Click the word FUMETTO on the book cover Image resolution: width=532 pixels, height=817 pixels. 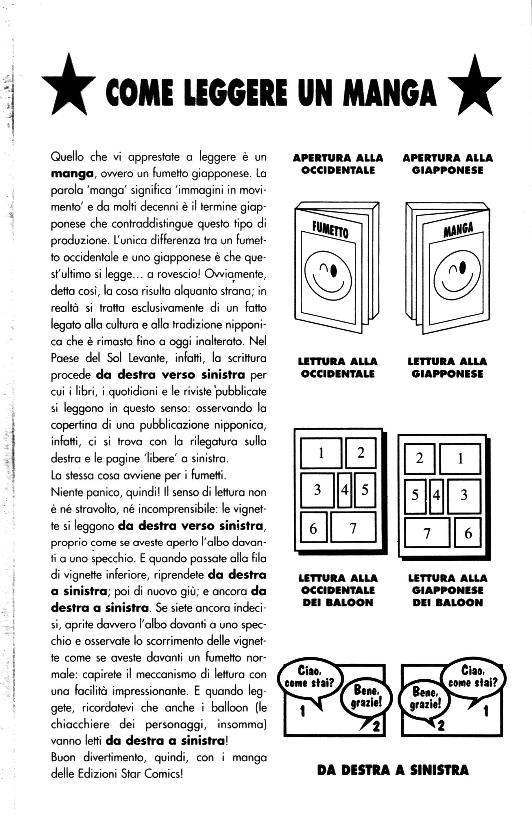tap(330, 230)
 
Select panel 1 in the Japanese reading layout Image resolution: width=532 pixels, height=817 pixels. tap(460, 459)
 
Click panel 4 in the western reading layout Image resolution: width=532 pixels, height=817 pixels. tap(345, 490)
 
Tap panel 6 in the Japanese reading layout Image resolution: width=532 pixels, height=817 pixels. tap(468, 533)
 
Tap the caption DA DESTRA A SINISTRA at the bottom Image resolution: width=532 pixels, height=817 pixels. tap(393, 770)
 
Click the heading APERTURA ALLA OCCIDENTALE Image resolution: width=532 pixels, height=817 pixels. tap(338, 164)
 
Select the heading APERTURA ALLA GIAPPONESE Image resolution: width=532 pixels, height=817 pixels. tap(447, 164)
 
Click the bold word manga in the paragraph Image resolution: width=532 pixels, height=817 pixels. tap(72, 174)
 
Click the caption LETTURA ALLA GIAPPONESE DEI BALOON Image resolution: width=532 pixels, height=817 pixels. tap(448, 591)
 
